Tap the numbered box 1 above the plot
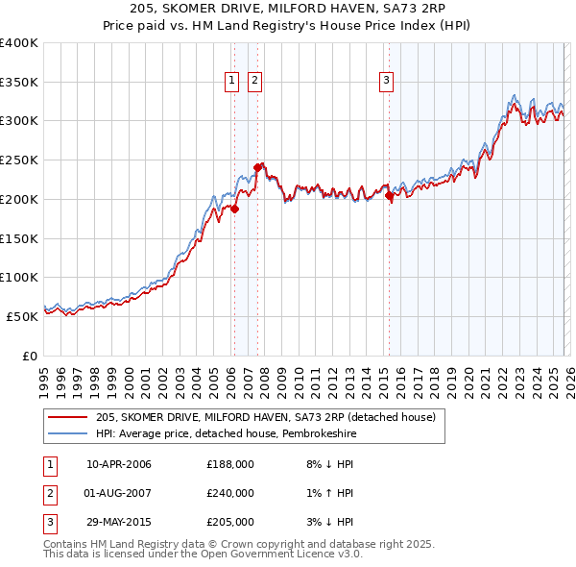233,82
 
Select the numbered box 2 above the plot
254,82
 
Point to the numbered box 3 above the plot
386,82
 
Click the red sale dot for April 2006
234,208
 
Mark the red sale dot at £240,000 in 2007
257,167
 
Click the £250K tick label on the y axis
18,160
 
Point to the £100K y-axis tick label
18,278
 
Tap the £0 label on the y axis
29,356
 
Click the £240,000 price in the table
230,493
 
